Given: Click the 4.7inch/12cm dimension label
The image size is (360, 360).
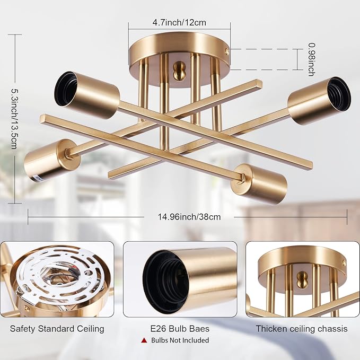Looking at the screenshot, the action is pyautogui.click(x=179, y=22).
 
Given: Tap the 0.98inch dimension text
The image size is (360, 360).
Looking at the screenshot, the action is pyautogui.click(x=311, y=59).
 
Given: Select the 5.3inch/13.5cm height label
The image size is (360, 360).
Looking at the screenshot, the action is pyautogui.click(x=15, y=119).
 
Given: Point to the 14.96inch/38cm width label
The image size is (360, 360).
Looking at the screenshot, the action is pyautogui.click(x=189, y=217).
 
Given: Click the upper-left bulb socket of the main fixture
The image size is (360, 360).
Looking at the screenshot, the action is pyautogui.click(x=87, y=95).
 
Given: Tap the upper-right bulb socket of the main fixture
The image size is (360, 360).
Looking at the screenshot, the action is pyautogui.click(x=320, y=101).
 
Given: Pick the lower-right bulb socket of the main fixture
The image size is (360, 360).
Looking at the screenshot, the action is pyautogui.click(x=259, y=184).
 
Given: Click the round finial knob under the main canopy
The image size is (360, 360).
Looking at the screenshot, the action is pyautogui.click(x=178, y=71).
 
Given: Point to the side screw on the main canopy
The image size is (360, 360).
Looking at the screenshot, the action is pyautogui.click(x=227, y=51).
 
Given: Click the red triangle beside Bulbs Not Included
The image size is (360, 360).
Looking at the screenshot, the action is pyautogui.click(x=144, y=340).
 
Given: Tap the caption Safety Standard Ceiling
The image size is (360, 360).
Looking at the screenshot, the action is pyautogui.click(x=57, y=329).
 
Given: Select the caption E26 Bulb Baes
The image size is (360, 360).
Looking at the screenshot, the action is pyautogui.click(x=180, y=329).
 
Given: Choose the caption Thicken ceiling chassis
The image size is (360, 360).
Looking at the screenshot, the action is pyautogui.click(x=302, y=329).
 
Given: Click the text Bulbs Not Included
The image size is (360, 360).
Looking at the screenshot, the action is pyautogui.click(x=180, y=340).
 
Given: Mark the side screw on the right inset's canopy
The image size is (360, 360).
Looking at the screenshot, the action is pyautogui.click(x=344, y=263).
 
